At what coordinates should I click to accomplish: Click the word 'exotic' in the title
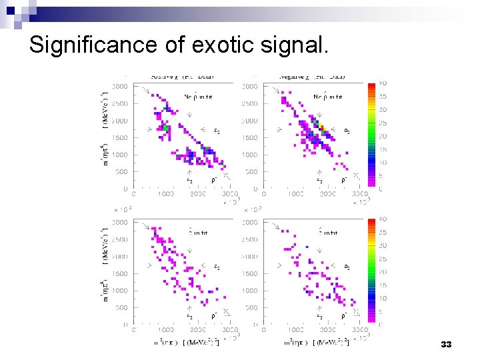[224, 45]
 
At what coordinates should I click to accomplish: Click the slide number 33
[446, 345]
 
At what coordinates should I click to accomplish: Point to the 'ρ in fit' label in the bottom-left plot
[200, 233]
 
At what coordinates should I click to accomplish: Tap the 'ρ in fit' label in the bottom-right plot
[330, 233]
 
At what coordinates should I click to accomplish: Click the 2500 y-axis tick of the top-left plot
[120, 104]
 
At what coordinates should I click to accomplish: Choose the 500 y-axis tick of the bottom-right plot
[252, 308]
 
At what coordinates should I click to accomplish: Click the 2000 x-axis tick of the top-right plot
[327, 194]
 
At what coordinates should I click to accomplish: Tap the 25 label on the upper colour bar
[382, 123]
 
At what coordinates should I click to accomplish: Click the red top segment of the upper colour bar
[371, 87]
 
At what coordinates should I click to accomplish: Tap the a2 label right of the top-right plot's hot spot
[347, 130]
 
